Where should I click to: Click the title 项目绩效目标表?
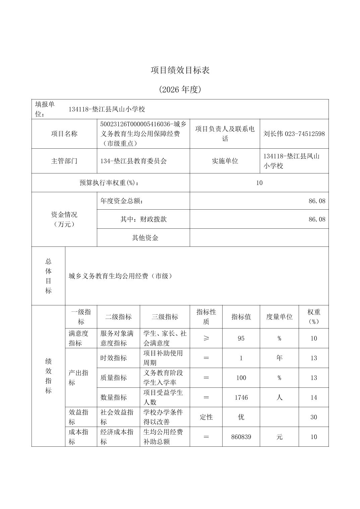pyautogui.click(x=180, y=70)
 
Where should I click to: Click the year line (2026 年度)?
pyautogui.click(x=180, y=89)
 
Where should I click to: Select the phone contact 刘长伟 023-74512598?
pyautogui.click(x=294, y=134)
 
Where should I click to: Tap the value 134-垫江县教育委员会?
pyautogui.click(x=133, y=161)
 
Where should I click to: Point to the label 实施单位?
pyautogui.click(x=225, y=161)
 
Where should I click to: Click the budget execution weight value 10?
pyautogui.click(x=259, y=183)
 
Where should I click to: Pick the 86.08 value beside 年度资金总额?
pyautogui.click(x=317, y=201)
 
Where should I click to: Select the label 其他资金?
pyautogui.click(x=145, y=238)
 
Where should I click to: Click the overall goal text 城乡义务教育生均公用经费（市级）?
pyautogui.click(x=121, y=276)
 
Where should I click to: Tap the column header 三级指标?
pyautogui.click(x=165, y=317)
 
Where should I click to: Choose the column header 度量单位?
pyautogui.click(x=279, y=317)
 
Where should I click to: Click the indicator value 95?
pyautogui.click(x=241, y=338)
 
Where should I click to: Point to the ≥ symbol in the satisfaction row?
pyautogui.click(x=206, y=338)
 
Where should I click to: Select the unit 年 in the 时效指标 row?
pyautogui.click(x=279, y=358)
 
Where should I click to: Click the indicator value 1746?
pyautogui.click(x=241, y=397)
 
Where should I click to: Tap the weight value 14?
pyautogui.click(x=313, y=397)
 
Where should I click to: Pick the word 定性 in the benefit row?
pyautogui.click(x=206, y=417)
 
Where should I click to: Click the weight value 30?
pyautogui.click(x=313, y=417)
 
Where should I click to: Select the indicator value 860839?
pyautogui.click(x=241, y=437)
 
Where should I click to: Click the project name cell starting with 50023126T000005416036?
pyautogui.click(x=143, y=134)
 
